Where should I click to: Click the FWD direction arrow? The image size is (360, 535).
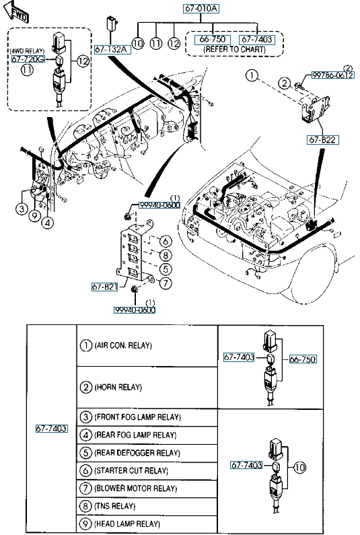15,11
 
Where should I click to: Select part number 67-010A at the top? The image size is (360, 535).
201,8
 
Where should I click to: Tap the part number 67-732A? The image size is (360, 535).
111,50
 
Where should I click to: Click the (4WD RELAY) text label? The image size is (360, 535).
27,51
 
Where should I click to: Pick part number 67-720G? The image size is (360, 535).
28,59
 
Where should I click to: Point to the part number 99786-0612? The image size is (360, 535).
332,75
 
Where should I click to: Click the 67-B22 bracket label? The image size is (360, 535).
322,139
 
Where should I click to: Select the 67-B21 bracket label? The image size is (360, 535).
105,287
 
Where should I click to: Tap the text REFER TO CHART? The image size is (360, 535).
234,49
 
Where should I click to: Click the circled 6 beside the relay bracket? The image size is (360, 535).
166,242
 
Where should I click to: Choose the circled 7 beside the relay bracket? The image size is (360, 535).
166,283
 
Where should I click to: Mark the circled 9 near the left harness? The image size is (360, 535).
34,215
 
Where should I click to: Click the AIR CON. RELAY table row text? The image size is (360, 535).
123,346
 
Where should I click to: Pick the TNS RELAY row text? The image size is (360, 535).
114,506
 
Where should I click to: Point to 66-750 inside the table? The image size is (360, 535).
303,359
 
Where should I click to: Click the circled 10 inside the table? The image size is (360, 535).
299,467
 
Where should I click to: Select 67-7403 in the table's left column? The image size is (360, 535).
52,428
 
